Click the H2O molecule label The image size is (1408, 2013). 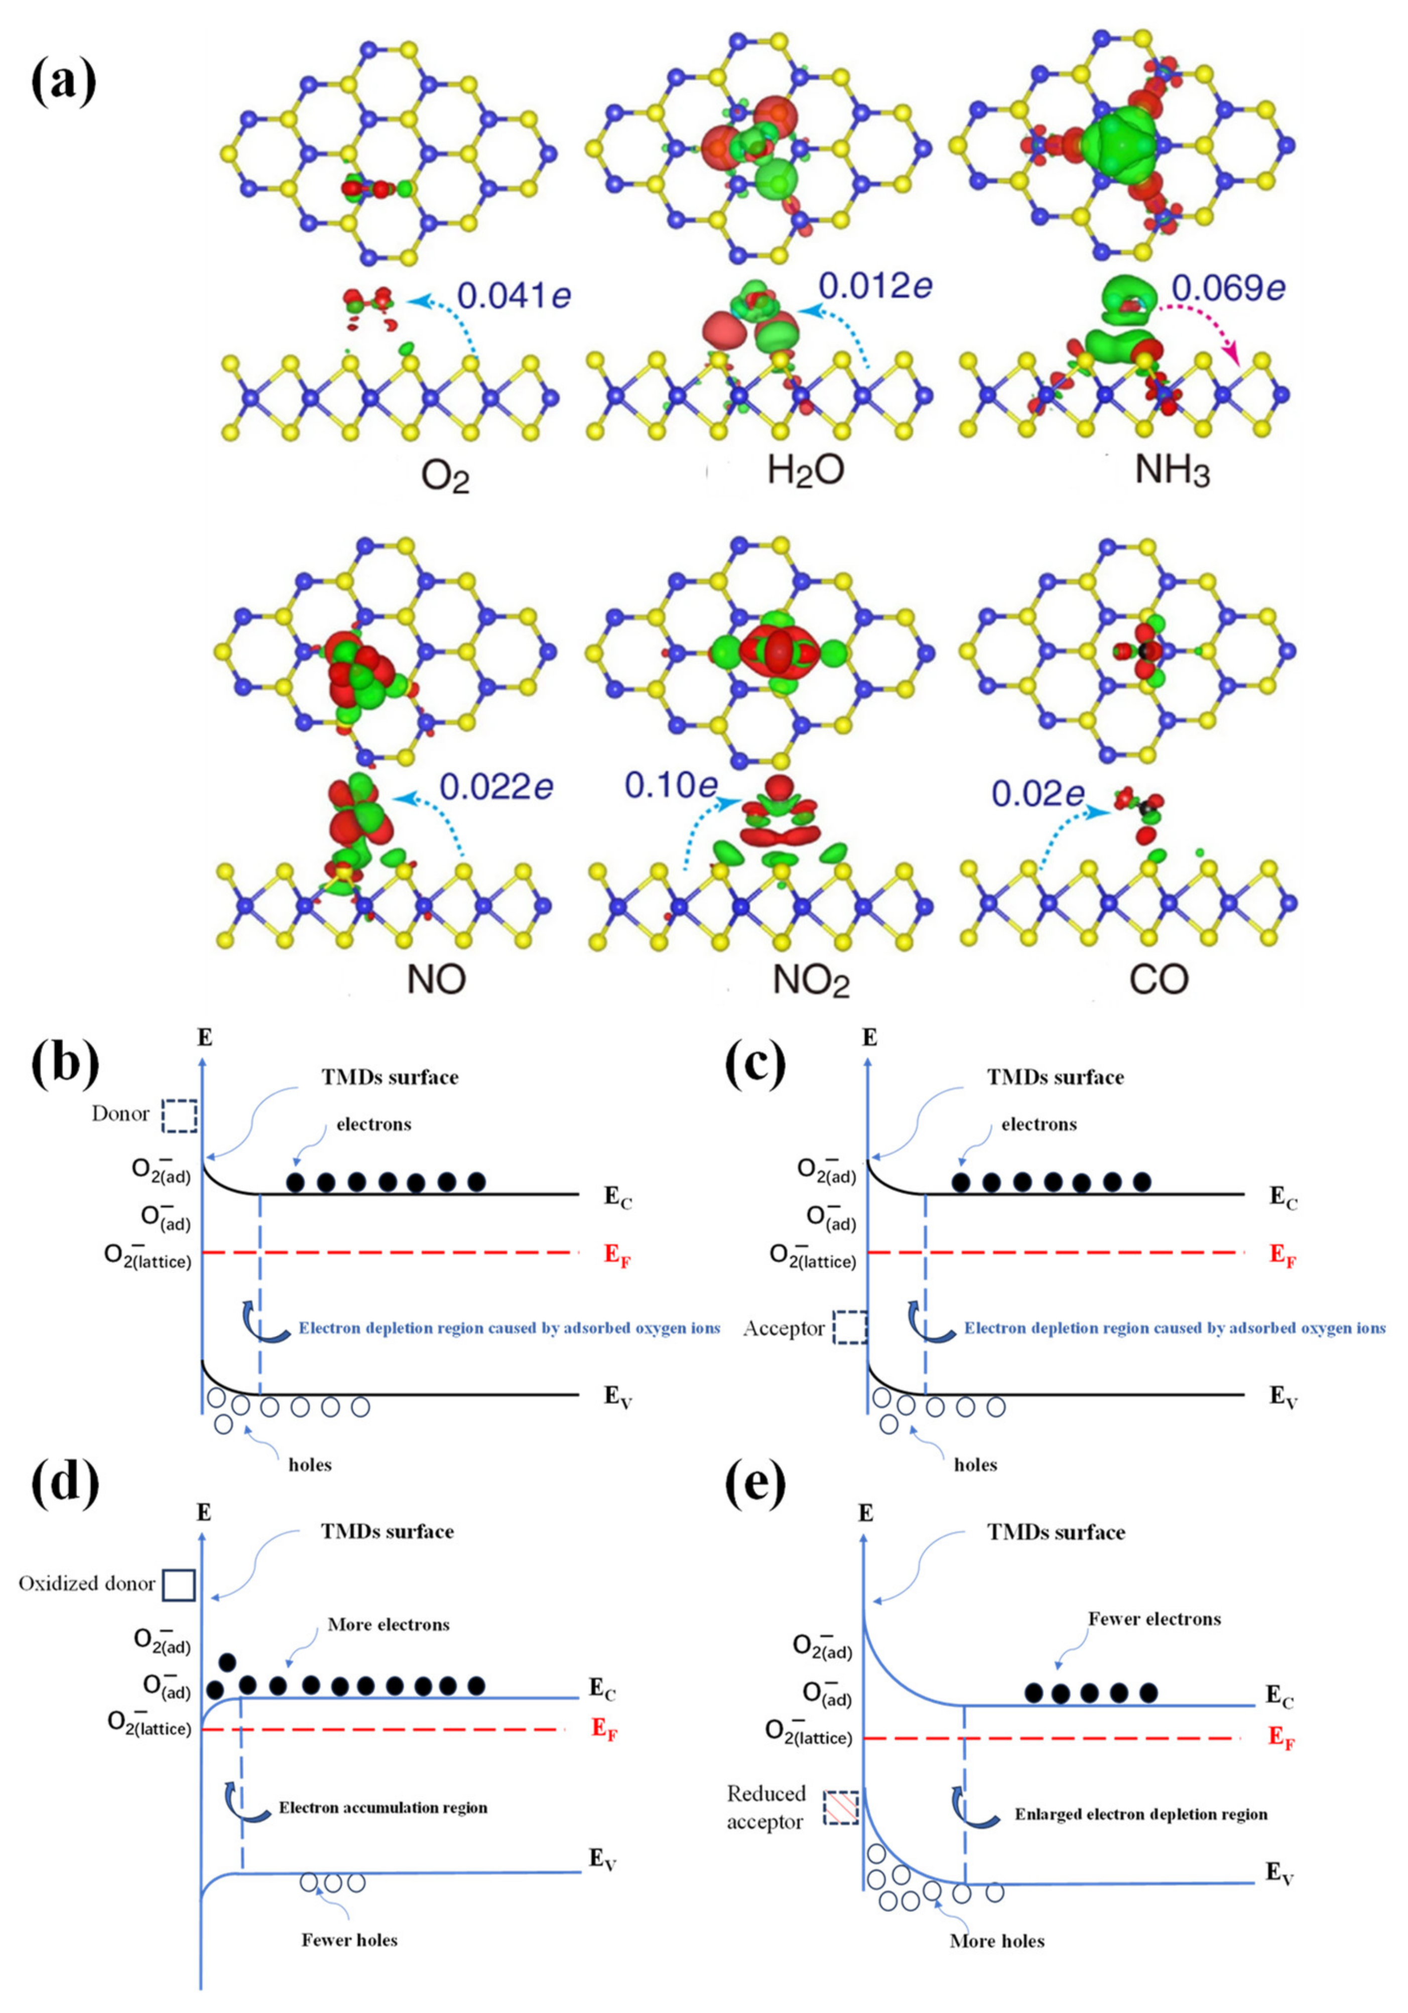(805, 471)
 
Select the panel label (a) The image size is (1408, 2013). (63, 81)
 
